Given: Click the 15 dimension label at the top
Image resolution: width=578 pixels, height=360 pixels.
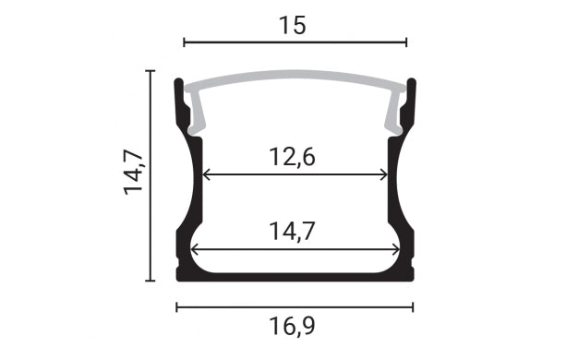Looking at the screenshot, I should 293,25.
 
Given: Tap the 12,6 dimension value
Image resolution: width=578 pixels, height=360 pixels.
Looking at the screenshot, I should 293,157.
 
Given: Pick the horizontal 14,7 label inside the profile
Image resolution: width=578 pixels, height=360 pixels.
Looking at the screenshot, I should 293,231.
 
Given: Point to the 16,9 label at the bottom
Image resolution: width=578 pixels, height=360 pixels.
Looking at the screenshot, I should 294,326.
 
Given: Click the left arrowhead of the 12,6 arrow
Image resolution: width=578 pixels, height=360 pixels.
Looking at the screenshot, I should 206,174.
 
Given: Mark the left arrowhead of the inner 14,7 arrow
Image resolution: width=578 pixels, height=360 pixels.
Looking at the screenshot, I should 195,248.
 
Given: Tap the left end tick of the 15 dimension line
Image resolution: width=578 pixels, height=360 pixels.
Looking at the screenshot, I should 184,42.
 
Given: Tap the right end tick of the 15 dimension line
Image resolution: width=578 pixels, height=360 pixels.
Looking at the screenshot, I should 406,42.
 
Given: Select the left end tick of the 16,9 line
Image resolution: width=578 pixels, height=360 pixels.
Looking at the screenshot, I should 176,306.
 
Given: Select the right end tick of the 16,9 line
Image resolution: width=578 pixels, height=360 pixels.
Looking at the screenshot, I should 413,306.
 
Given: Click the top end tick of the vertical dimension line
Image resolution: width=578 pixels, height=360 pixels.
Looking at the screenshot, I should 150,70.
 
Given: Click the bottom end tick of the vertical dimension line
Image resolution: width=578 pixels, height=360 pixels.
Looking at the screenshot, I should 150,280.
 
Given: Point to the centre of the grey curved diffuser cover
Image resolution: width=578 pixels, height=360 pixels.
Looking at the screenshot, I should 295,80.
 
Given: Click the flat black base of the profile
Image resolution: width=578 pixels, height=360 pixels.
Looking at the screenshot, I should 295,275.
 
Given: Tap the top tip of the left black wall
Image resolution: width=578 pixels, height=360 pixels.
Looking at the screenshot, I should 178,81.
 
